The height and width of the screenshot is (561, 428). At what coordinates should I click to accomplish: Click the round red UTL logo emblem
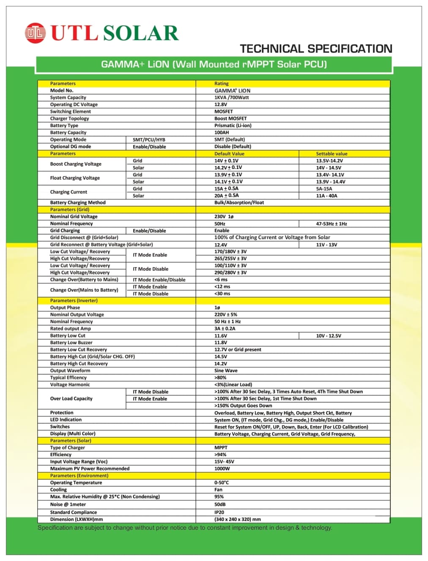35,33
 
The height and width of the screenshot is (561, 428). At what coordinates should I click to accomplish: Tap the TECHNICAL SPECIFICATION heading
316,49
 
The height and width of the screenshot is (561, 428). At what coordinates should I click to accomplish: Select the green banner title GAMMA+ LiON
214,64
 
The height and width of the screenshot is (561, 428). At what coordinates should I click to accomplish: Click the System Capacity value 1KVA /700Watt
231,98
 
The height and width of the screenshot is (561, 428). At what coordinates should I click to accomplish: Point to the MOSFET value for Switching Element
223,112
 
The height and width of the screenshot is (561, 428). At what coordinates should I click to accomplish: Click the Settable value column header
332,154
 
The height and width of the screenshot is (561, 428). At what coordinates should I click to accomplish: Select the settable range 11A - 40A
326,196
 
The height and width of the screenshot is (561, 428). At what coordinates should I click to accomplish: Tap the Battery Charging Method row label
78,203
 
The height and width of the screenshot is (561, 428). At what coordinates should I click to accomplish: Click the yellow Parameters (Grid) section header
70,210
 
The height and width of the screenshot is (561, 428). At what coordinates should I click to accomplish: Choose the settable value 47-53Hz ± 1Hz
331,224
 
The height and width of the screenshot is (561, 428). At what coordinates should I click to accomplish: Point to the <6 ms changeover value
221,280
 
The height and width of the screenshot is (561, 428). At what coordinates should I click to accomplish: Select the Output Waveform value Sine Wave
226,371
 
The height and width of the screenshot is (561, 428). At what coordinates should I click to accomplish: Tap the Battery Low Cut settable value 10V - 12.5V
329,336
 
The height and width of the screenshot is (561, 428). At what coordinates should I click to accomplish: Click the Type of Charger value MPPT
221,448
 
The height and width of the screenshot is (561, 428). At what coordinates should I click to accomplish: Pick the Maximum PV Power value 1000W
222,469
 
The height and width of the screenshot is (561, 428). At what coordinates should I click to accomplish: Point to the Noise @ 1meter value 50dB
220,504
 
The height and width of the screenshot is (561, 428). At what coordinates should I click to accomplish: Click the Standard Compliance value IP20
219,512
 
